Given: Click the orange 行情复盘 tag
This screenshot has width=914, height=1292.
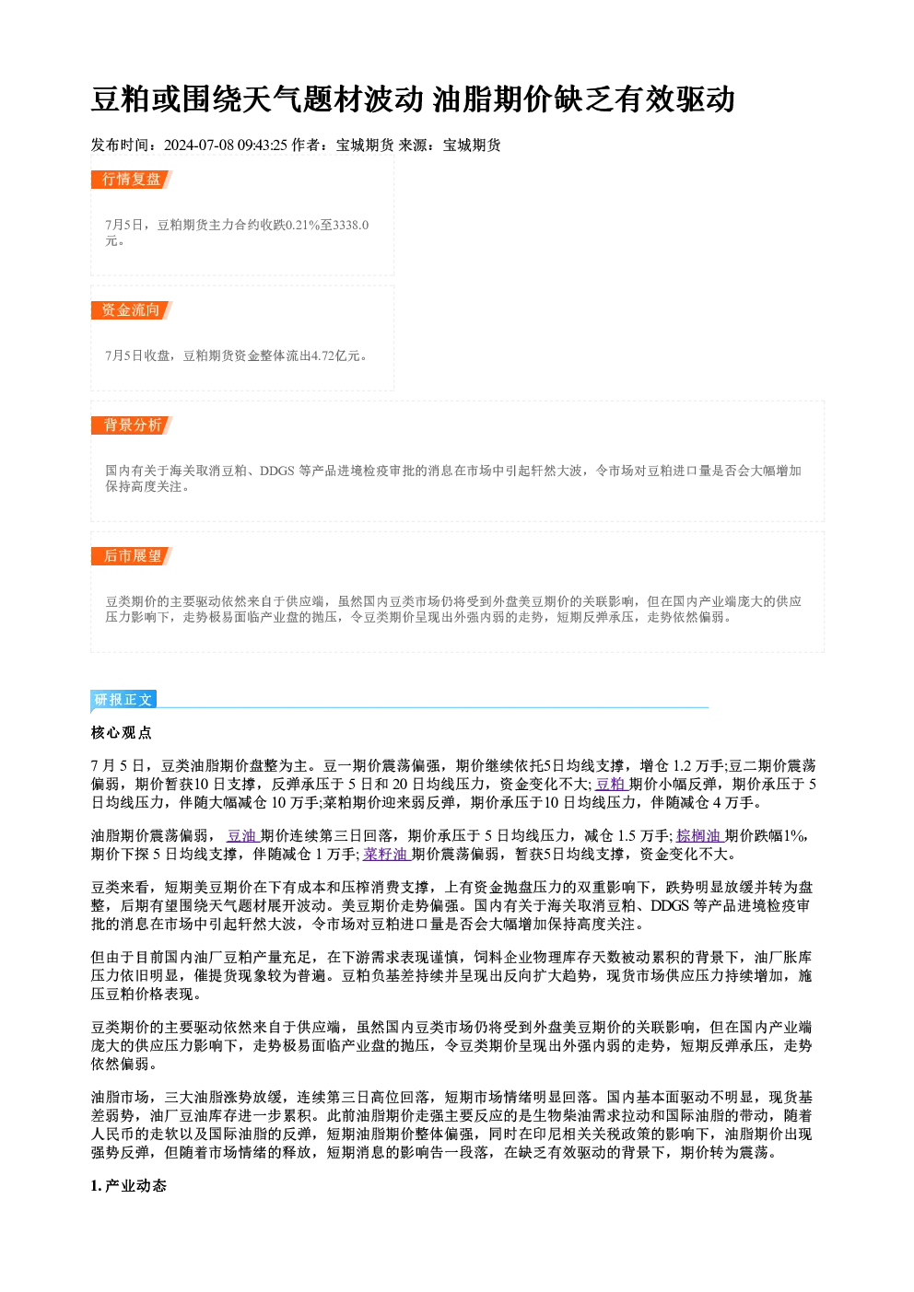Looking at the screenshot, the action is pyautogui.click(x=132, y=180).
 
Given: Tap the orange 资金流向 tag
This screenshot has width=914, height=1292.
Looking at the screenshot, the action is pyautogui.click(x=132, y=310).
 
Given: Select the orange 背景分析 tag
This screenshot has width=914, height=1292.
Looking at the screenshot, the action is pyautogui.click(x=132, y=425).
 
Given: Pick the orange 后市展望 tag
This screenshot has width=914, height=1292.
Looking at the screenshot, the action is pyautogui.click(x=132, y=556).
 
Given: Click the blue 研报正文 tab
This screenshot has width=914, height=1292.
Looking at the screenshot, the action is pyautogui.click(x=123, y=699).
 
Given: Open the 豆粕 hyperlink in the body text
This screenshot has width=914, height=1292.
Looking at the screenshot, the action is pyautogui.click(x=612, y=784).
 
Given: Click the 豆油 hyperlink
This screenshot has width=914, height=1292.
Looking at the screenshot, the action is pyautogui.click(x=243, y=836).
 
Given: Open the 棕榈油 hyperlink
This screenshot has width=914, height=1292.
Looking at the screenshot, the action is pyautogui.click(x=700, y=836).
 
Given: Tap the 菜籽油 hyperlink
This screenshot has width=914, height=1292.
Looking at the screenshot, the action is pyautogui.click(x=387, y=855).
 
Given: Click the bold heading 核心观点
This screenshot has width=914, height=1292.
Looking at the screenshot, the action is pyautogui.click(x=122, y=733).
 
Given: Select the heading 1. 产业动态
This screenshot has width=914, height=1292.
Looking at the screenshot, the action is pyautogui.click(x=129, y=1186).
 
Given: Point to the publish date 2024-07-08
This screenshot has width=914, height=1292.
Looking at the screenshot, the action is pyautogui.click(x=199, y=145).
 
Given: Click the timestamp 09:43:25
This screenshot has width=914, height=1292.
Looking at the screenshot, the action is pyautogui.click(x=263, y=145).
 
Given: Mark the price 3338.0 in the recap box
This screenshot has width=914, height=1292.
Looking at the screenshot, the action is pyautogui.click(x=351, y=225).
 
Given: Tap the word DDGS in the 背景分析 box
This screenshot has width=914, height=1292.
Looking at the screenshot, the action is pyautogui.click(x=277, y=471).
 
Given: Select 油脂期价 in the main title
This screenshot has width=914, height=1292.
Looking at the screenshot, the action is pyautogui.click(x=492, y=99).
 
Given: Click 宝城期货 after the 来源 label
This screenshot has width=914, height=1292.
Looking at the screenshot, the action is pyautogui.click(x=472, y=145).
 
